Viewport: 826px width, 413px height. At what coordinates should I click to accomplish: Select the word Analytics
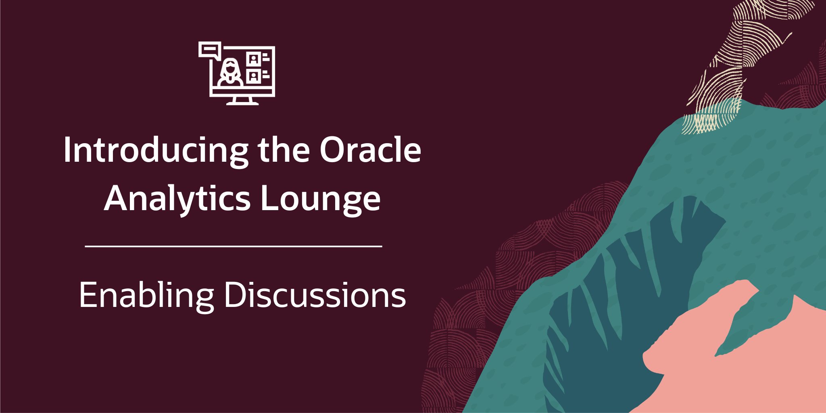[177, 199]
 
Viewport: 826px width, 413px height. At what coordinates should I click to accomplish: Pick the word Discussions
[315, 295]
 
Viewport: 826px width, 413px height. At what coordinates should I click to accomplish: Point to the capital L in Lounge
[271, 198]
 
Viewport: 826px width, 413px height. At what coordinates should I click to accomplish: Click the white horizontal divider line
[234, 246]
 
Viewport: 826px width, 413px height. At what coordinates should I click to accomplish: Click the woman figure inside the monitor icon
[230, 73]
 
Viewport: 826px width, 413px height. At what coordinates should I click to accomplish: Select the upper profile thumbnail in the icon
[254, 59]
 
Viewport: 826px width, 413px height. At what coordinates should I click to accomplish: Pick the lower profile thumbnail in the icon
[254, 76]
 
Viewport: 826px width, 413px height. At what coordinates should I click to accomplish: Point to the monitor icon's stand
[242, 101]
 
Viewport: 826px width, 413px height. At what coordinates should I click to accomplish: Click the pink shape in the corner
[734, 355]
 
